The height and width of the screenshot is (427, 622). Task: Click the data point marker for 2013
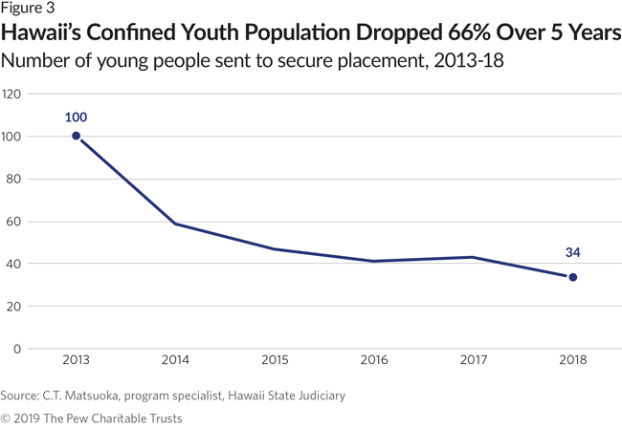pos(77,136)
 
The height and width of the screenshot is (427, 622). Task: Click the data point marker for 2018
pos(573,277)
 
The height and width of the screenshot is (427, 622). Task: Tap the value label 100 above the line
pos(77,117)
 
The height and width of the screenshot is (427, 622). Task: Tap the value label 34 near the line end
pos(573,254)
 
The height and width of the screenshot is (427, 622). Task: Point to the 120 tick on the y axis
pos(11,95)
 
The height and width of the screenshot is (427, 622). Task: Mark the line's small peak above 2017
pos(474,257)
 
